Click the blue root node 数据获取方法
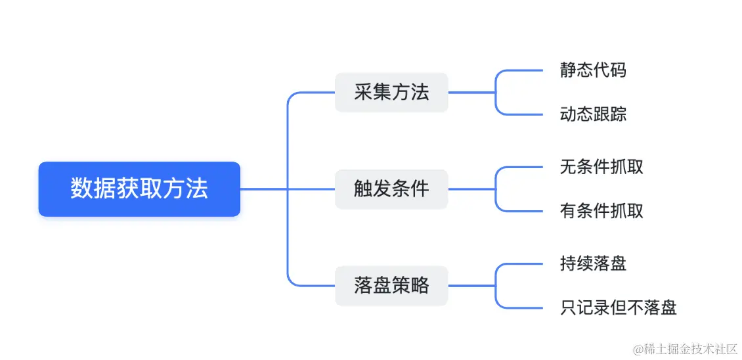coord(139,189)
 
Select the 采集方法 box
coord(391,93)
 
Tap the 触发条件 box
coord(391,189)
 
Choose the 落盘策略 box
coord(391,286)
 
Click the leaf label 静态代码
coord(593,70)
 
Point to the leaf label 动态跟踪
coord(593,114)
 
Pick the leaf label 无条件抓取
coord(601,167)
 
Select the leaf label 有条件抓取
coord(601,211)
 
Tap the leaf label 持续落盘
coord(593,263)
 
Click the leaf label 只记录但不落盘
coord(619,307)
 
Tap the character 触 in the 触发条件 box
coord(363,189)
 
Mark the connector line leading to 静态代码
coord(522,70)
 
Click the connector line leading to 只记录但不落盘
coord(522,307)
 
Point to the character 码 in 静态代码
coord(618,70)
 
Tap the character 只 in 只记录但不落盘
coord(569,307)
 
